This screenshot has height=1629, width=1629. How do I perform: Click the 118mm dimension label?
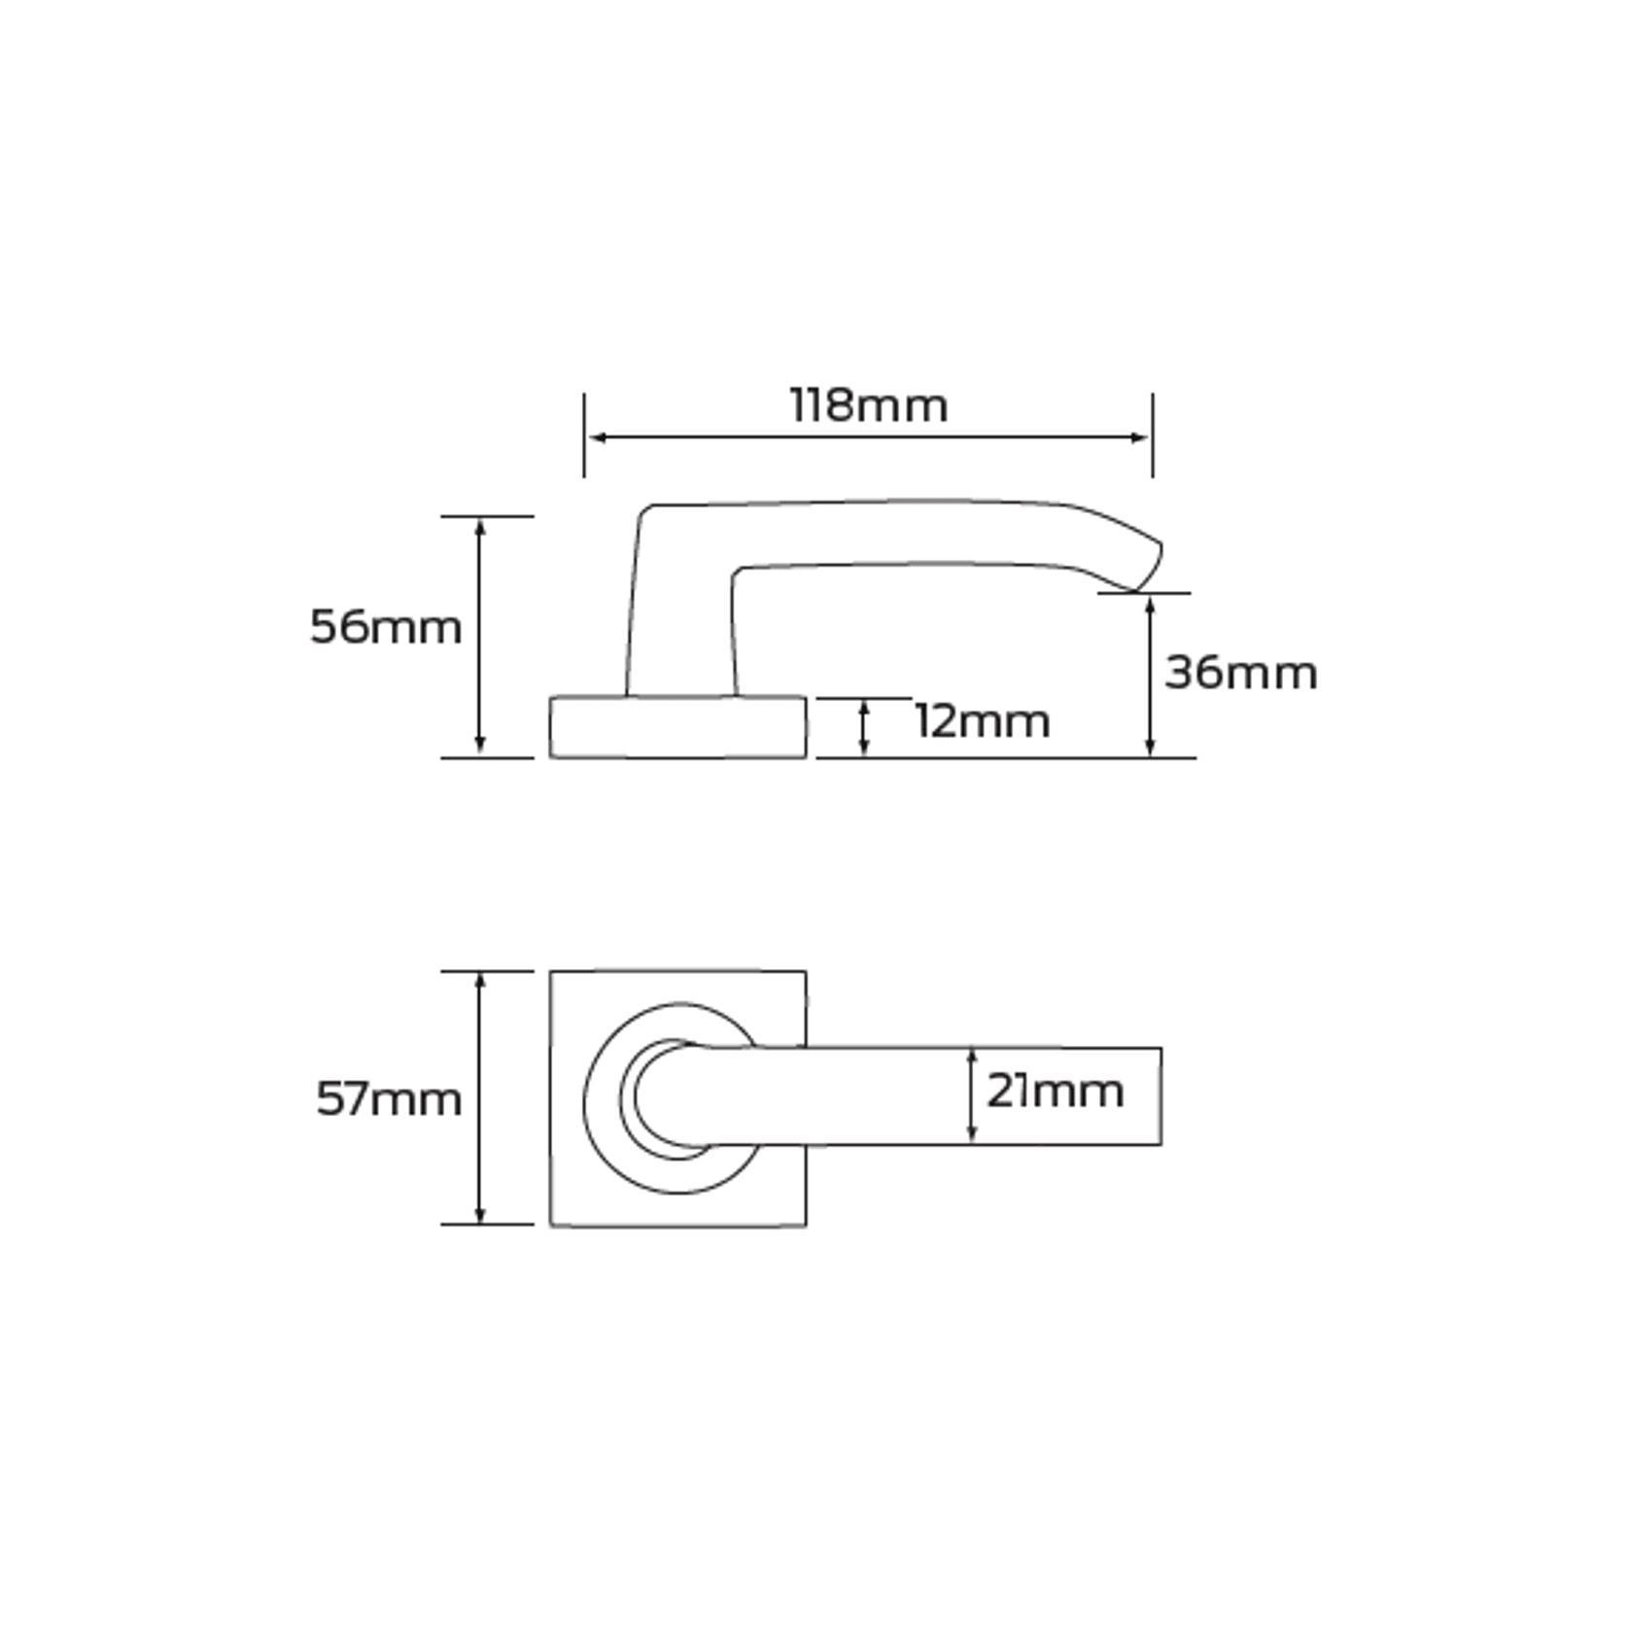tap(868, 405)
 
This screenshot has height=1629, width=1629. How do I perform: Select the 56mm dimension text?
tap(386, 627)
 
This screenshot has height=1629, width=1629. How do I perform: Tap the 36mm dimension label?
tap(1241, 673)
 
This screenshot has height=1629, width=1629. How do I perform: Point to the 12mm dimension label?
tap(983, 721)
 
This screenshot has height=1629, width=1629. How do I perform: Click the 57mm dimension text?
tap(389, 1099)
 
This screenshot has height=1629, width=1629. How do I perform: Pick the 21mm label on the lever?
tap(1056, 1091)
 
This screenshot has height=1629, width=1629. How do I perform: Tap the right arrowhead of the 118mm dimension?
tap(1139, 437)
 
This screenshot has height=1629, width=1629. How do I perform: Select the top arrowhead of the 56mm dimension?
tap(479, 528)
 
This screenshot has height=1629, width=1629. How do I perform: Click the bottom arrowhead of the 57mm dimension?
tap(479, 1213)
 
